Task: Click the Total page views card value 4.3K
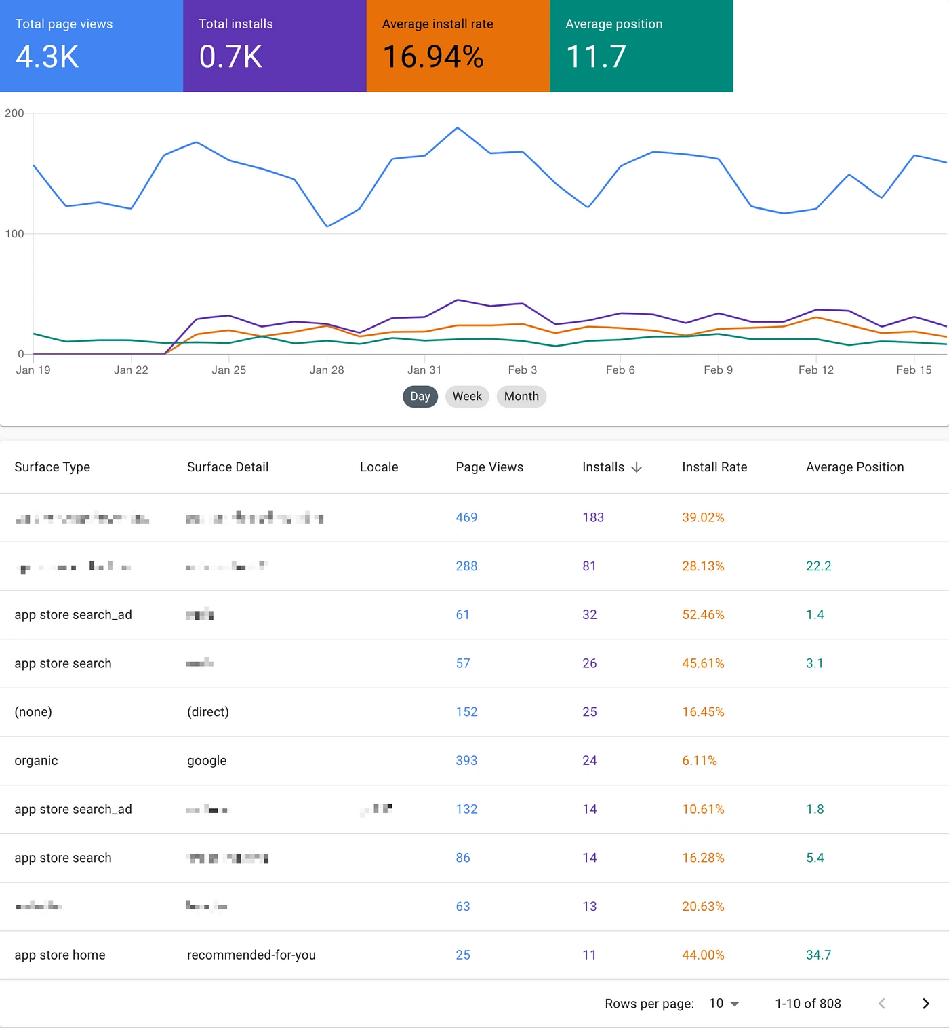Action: tap(47, 57)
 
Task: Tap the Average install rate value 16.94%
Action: tap(433, 57)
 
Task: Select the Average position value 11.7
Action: tap(596, 57)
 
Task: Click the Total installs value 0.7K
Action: tap(230, 57)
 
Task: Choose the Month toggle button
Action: tap(521, 397)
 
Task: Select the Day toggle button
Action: tap(420, 397)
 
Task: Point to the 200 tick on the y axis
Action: tap(14, 113)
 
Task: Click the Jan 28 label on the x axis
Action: tap(327, 370)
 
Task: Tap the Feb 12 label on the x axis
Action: tap(816, 370)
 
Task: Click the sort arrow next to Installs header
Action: tap(637, 467)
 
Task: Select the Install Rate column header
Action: tap(714, 467)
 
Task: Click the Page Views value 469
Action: tap(466, 517)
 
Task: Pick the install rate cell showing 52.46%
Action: tap(703, 615)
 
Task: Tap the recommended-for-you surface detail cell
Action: tap(251, 955)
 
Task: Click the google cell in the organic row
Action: tap(207, 761)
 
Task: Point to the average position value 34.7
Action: tap(818, 955)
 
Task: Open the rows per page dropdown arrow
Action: tap(735, 1004)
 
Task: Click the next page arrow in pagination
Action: tap(925, 1004)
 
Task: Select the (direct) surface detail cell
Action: tap(208, 712)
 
